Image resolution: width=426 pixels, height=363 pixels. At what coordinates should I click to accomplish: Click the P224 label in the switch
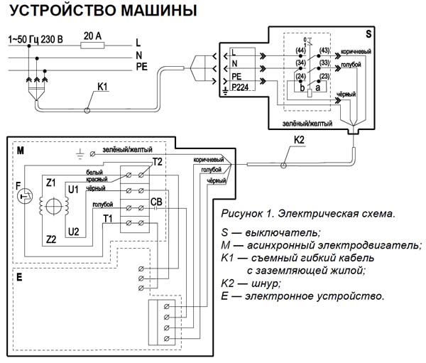pos(242,90)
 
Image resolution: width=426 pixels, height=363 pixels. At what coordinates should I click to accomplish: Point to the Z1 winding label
pos(50,183)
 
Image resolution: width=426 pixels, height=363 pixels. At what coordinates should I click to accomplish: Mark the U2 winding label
pos(73,231)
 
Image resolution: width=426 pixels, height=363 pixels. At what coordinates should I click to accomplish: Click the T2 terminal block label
pos(157,163)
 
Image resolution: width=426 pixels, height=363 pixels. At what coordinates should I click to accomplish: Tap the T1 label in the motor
pos(107,217)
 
